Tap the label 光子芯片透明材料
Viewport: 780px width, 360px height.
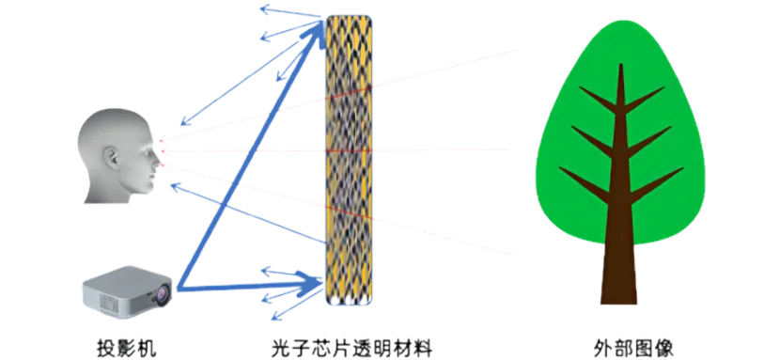coord(352,347)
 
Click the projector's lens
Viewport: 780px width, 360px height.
coord(163,297)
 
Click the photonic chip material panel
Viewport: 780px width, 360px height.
coord(350,160)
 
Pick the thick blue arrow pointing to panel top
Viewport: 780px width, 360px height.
coord(249,156)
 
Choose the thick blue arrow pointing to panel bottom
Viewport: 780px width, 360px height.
coord(250,284)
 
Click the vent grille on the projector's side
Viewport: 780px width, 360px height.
coord(106,301)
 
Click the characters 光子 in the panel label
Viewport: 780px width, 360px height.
coord(292,347)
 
